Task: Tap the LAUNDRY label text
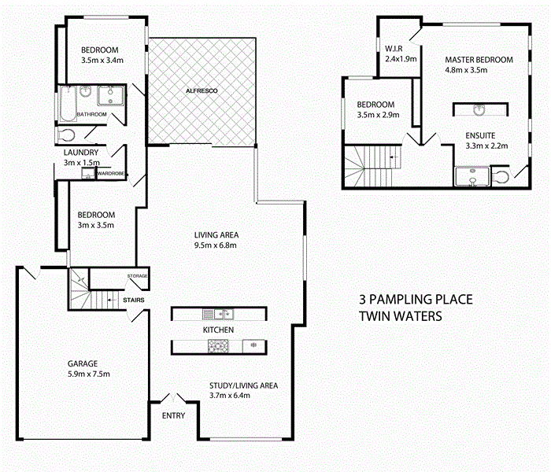pyautogui.click(x=81, y=153)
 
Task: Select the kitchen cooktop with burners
pyautogui.click(x=217, y=345)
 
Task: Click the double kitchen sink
pyautogui.click(x=216, y=314)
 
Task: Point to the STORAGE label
pyautogui.click(x=137, y=276)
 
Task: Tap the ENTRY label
pyautogui.click(x=173, y=415)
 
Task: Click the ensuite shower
pyautogui.click(x=471, y=177)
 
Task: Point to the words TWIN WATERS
pyautogui.click(x=401, y=315)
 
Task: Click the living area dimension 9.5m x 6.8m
pyautogui.click(x=216, y=245)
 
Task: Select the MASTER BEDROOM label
pyautogui.click(x=479, y=60)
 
